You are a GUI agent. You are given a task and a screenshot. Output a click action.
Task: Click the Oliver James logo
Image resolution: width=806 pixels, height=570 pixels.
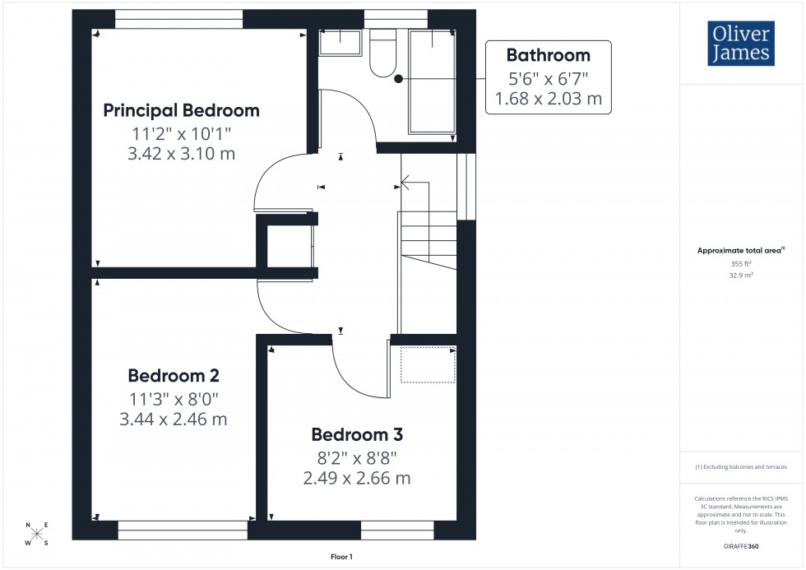[742, 44]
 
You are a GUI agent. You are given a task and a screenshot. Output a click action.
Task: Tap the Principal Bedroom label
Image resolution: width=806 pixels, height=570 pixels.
[181, 110]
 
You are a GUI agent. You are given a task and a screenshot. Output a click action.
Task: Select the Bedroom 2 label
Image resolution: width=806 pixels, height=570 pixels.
[174, 376]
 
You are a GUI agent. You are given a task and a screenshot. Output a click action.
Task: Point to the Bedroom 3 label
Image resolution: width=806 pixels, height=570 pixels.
[357, 434]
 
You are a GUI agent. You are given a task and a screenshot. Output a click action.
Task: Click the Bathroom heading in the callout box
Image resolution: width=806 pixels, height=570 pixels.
[548, 55]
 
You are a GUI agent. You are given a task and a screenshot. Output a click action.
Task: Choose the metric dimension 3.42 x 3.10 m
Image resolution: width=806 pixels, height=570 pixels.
[181, 154]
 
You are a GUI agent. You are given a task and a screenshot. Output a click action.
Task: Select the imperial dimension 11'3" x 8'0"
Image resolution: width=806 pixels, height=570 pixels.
[174, 398]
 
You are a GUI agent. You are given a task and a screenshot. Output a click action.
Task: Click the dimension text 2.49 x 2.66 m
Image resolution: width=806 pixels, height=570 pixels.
[357, 478]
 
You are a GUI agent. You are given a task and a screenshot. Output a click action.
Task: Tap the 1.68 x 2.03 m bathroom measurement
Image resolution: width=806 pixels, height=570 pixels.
[548, 100]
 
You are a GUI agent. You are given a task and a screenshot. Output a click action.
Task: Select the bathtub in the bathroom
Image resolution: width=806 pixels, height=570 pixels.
[432, 82]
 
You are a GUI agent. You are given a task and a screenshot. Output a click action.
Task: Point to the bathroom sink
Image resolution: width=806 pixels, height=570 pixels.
[340, 43]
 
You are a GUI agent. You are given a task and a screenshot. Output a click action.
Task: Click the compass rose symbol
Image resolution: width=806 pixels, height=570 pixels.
[37, 534]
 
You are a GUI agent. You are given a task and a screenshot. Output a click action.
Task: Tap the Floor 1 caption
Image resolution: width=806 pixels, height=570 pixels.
[340, 557]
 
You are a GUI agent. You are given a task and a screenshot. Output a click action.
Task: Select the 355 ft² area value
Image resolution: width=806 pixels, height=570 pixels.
[742, 264]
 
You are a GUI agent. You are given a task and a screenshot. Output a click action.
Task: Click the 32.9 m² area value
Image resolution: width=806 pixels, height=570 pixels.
[742, 277]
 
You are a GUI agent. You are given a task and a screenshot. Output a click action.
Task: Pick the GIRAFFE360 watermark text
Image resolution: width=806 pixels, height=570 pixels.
[742, 545]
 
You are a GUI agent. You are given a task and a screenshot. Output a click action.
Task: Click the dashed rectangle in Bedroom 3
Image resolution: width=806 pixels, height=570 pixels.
[428, 364]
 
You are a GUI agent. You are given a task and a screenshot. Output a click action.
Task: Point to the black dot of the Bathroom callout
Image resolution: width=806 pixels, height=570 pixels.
[398, 79]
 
